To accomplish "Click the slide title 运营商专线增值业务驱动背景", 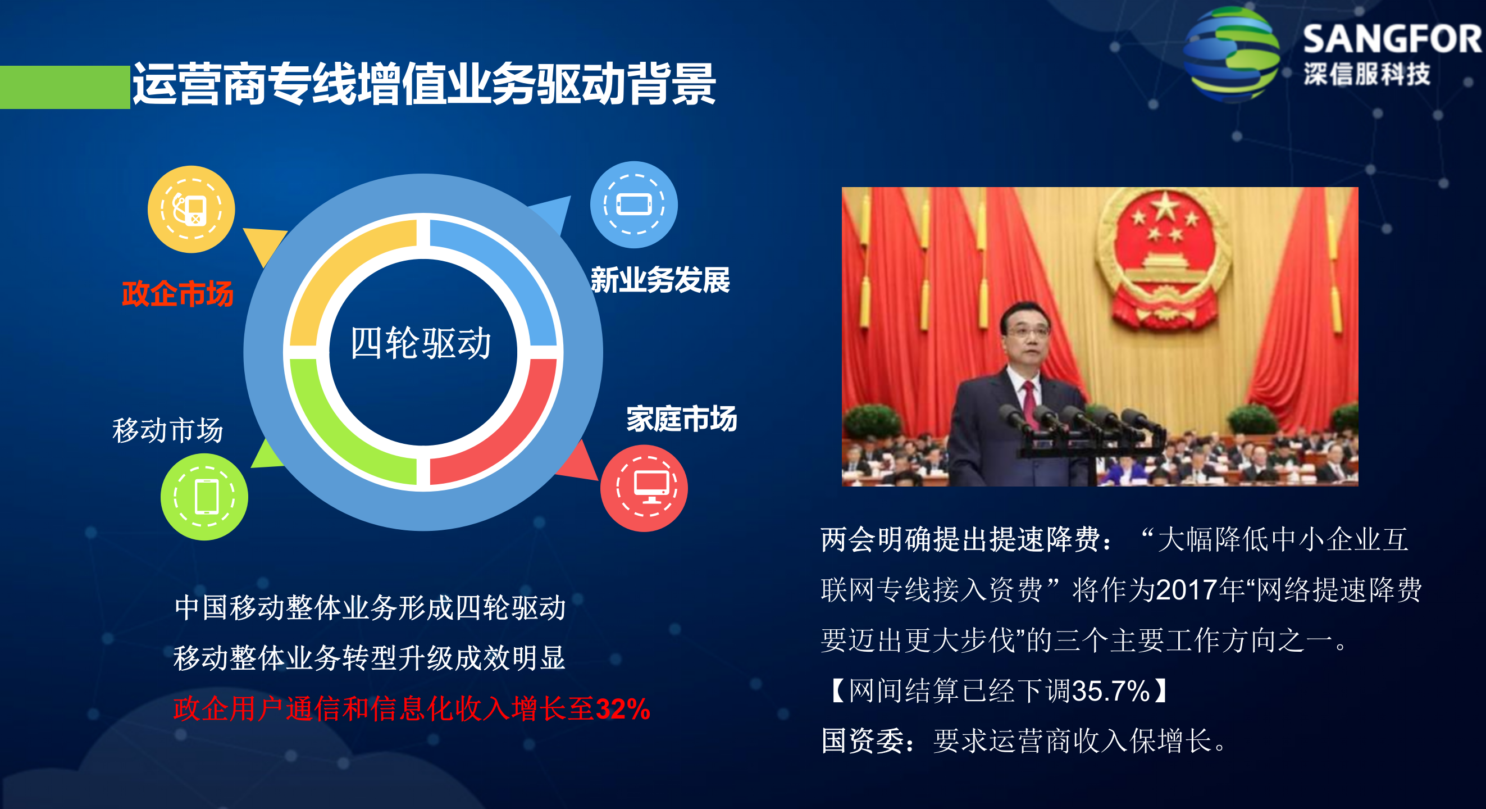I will tap(424, 84).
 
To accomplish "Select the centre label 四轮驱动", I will tap(421, 343).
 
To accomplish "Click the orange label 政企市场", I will tap(177, 294).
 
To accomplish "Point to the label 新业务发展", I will tap(660, 280).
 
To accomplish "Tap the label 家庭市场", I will tap(681, 419).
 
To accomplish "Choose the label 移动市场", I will tap(167, 430).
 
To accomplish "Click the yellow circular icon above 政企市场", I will tap(191, 210).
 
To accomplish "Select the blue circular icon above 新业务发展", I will tap(633, 205).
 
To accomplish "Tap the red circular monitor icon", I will tap(644, 488).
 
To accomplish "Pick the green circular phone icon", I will tap(204, 497).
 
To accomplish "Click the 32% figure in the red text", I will tap(622, 709).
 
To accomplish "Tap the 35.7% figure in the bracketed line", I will tap(1110, 690).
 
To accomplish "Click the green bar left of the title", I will tap(65, 87).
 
